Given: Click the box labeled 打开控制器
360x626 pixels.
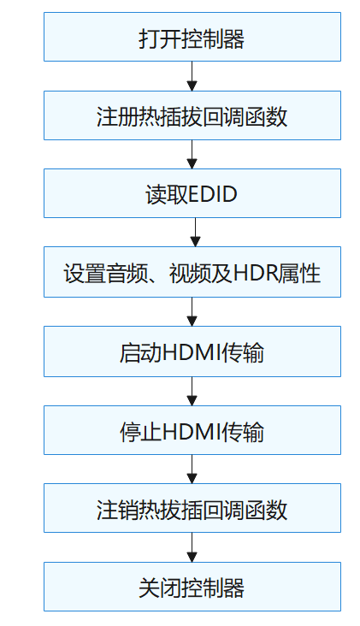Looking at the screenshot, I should click(x=192, y=38).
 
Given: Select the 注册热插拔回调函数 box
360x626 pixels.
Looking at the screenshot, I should click(x=192, y=116).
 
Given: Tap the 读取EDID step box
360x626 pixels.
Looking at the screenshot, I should click(x=192, y=195).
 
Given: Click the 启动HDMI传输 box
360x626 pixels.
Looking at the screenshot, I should click(x=192, y=352).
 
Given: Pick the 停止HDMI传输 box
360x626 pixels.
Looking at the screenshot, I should click(x=192, y=431).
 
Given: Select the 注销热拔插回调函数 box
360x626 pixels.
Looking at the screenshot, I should click(x=192, y=510).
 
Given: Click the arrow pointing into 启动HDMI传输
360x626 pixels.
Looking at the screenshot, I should click(x=192, y=312).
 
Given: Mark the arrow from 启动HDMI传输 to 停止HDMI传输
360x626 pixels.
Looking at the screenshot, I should click(x=192, y=391).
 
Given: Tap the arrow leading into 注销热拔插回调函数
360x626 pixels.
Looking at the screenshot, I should click(x=192, y=469).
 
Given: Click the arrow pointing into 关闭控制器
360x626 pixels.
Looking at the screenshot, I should click(x=192, y=548).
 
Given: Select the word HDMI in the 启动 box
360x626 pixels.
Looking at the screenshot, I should click(x=190, y=352).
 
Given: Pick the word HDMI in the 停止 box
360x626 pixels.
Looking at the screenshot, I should click(x=190, y=431).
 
